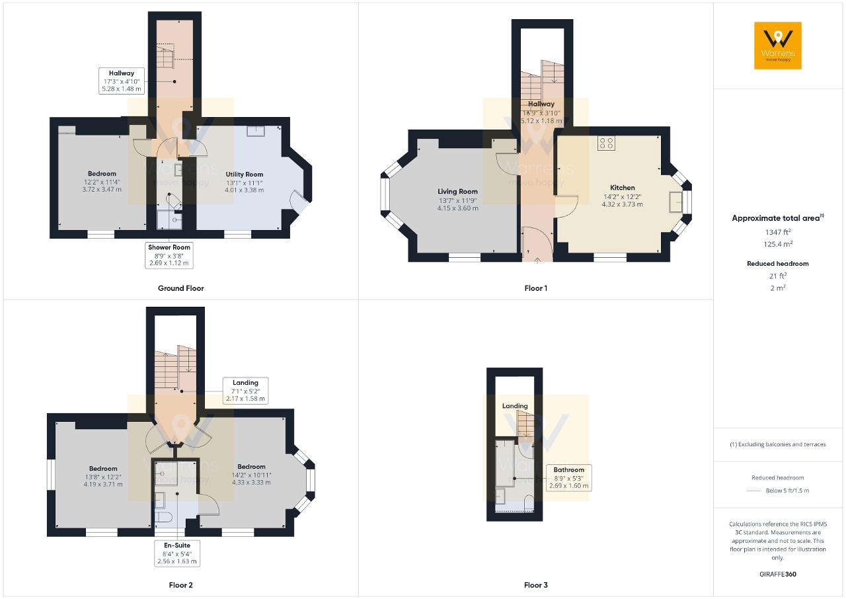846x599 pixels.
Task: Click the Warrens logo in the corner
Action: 778,46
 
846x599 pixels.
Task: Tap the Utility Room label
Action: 245,175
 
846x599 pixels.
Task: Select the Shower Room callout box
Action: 169,255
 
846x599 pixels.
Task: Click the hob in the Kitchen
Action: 606,143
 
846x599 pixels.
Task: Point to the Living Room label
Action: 458,192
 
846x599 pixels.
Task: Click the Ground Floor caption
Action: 181,288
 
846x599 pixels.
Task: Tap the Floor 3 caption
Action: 535,585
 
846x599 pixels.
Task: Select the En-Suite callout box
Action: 177,553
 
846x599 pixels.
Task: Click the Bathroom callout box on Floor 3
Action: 569,478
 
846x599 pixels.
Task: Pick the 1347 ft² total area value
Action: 778,232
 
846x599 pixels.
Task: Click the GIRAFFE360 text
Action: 778,574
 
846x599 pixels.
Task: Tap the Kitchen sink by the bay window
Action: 675,202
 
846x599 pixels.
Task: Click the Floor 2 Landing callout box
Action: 245,391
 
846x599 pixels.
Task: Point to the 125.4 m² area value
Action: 778,244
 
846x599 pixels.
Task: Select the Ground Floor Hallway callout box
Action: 122,81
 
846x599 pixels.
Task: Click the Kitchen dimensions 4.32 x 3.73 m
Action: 622,204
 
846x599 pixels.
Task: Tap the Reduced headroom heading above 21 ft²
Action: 778,264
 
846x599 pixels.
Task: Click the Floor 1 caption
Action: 535,288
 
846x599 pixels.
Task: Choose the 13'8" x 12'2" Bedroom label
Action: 103,476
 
